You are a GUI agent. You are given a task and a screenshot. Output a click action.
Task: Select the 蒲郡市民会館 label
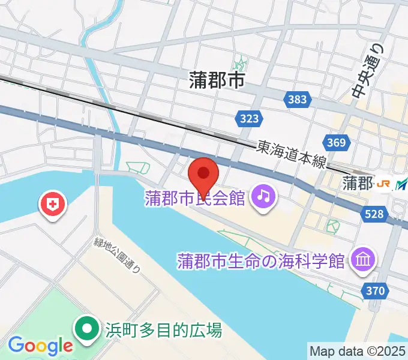coord(195,198)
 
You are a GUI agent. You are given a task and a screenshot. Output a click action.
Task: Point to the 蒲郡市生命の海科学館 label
coord(262,262)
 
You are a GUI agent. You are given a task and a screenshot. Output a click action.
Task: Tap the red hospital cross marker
coord(53,205)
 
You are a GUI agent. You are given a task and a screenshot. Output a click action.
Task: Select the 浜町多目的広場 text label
coord(164,330)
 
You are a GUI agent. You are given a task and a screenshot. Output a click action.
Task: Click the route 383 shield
coord(296,100)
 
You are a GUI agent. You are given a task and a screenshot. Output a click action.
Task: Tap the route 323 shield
coord(248,119)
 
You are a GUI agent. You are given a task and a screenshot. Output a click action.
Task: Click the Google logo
coord(40,346)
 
